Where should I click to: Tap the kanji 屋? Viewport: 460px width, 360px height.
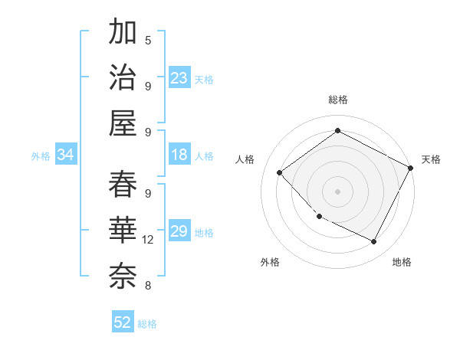[x=123, y=123]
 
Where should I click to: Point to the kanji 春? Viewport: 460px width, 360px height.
[x=123, y=185]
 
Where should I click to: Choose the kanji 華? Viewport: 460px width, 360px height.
[x=123, y=230]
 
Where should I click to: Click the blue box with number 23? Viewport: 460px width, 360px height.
[x=179, y=78]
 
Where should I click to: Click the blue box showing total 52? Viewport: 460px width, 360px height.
[x=123, y=322]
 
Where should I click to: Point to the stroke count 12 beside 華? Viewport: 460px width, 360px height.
[x=148, y=240]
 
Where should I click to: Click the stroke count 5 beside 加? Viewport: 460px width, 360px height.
[x=148, y=40]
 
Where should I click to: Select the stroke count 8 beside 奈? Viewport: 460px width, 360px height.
[x=148, y=286]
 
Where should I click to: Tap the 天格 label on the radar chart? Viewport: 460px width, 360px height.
[x=431, y=159]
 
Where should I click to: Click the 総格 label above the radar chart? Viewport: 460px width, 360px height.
[x=337, y=100]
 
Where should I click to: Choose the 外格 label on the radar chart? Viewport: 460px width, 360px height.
[x=270, y=262]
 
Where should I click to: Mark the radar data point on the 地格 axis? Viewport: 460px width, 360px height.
[x=374, y=242]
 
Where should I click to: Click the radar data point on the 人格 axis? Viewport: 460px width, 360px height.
[x=280, y=173]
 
